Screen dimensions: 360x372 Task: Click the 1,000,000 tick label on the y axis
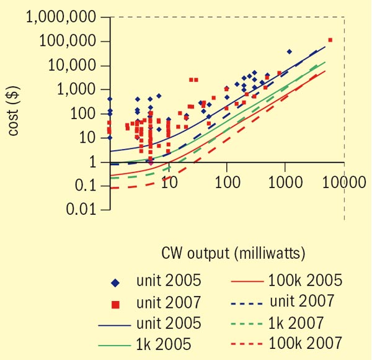coord(61,18)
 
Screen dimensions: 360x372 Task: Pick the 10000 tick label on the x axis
coord(343,182)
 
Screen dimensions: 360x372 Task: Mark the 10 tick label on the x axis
coord(169,182)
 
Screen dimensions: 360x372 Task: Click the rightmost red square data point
coord(330,40)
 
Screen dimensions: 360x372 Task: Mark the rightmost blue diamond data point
coord(289,52)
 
